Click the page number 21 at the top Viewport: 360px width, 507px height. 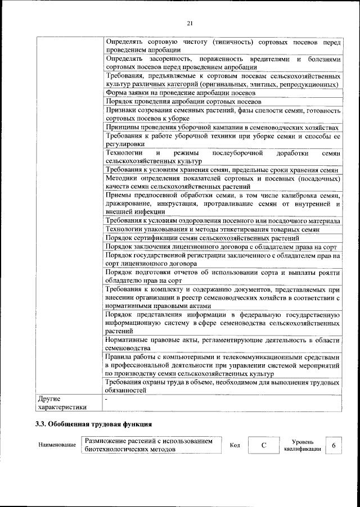coord(190,22)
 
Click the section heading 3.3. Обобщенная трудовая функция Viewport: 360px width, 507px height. coord(93,423)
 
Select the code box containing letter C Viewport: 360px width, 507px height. coord(263,445)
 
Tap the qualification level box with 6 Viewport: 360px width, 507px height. coord(334,445)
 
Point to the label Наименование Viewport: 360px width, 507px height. coord(57,446)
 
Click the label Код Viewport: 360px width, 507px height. coord(235,445)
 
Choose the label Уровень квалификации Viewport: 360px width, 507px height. coord(303,445)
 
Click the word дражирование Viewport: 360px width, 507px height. coord(128,203)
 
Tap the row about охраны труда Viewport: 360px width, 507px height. coord(222,386)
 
